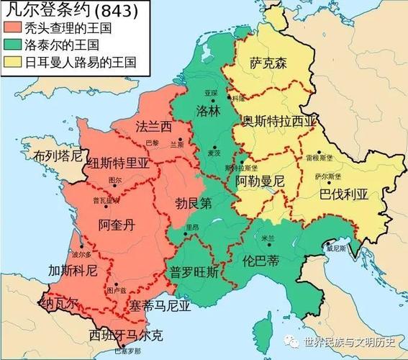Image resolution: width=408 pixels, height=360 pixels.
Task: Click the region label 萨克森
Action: tap(268, 63)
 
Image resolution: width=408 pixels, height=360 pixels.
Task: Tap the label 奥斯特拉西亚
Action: tap(278, 121)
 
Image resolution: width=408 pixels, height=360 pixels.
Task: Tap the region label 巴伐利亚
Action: tap(343, 194)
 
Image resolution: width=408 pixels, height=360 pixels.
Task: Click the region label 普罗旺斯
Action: tap(194, 272)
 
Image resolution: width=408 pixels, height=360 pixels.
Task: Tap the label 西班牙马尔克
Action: tap(125, 335)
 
